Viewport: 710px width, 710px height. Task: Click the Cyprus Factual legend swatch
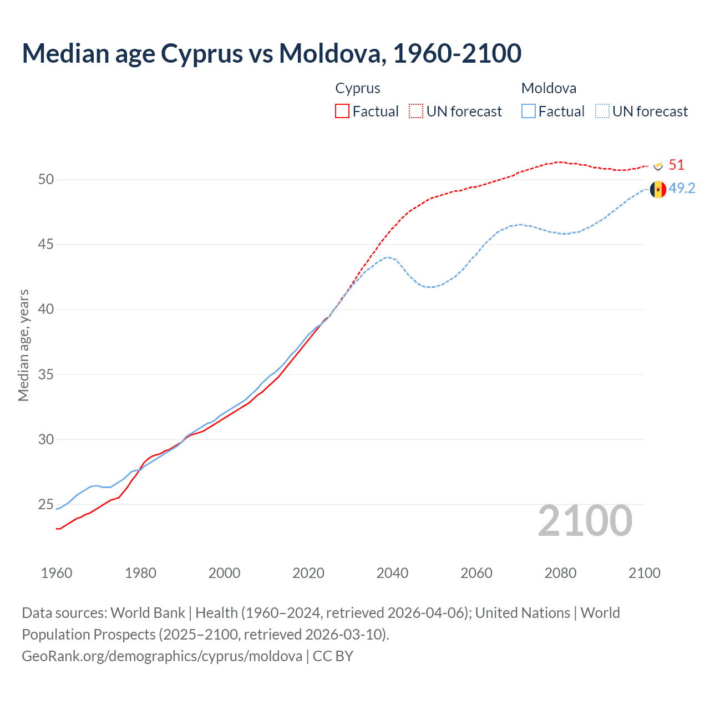pos(342,111)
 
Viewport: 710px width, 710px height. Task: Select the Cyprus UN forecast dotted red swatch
pos(416,111)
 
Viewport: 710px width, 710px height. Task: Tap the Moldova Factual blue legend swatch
pos(529,111)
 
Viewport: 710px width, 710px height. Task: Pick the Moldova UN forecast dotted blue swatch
pos(602,111)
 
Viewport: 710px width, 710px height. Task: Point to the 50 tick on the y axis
pos(46,179)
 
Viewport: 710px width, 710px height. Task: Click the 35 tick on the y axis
pos(46,374)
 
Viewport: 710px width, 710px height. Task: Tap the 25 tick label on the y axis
pos(46,504)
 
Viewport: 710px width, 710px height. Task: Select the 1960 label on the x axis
pos(57,573)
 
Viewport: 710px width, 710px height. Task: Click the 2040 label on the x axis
pos(392,573)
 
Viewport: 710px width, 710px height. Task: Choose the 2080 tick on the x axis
pos(560,573)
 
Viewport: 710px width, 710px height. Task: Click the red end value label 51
pos(677,165)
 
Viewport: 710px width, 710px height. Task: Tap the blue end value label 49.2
pos(682,188)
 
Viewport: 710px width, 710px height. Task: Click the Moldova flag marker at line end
pos(658,189)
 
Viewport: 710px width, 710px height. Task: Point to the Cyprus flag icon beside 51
pos(658,165)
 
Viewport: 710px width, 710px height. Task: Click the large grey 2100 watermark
pos(585,520)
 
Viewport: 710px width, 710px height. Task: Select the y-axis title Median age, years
pos(23,345)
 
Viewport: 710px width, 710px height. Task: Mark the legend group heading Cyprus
pos(358,88)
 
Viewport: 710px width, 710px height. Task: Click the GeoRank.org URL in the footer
pos(162,656)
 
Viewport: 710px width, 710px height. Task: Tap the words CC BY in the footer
pos(333,656)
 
